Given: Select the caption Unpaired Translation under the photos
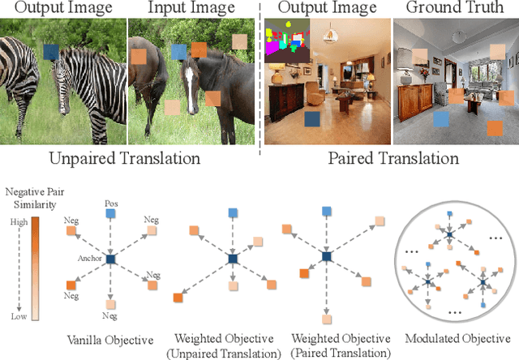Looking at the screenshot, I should (125, 157).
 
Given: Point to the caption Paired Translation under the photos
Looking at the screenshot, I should (393, 157).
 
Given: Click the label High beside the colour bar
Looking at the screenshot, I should (17, 222).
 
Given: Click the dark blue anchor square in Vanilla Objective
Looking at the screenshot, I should (110, 259).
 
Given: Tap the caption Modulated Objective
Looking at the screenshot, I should (457, 339).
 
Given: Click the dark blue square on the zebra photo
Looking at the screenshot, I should (51, 53).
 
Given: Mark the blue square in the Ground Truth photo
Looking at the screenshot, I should (440, 120).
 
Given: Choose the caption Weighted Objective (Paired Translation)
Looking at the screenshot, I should (333, 346).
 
